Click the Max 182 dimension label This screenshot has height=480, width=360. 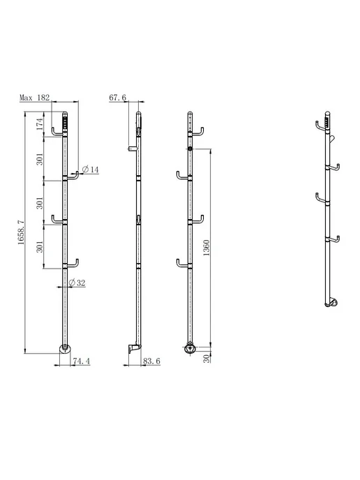coord(35,98)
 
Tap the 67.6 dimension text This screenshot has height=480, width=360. coord(117,98)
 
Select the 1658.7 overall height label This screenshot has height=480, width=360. coord(21,232)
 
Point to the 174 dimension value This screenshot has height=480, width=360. coord(40,124)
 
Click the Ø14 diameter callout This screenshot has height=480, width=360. coord(91,170)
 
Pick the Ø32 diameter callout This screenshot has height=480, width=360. coord(77,283)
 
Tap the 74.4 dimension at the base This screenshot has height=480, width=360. coord(82,361)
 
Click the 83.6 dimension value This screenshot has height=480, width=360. coord(151,361)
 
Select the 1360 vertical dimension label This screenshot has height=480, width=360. coord(207,248)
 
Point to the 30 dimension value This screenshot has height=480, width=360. coord(207,359)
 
